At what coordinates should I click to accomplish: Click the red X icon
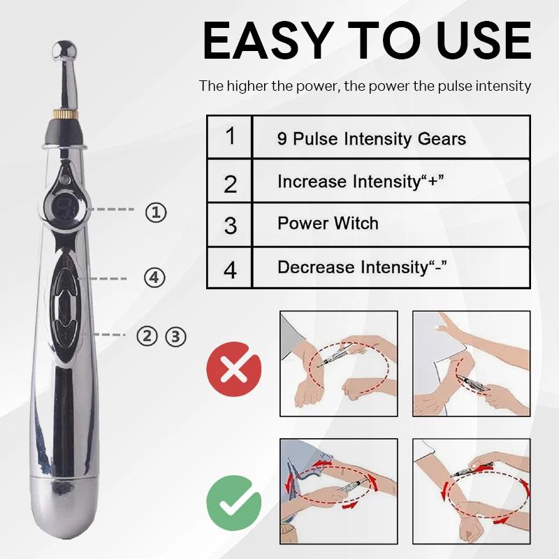pos(234,369)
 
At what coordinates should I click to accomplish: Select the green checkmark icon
pos(234,502)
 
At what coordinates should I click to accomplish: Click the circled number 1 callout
pos(156,212)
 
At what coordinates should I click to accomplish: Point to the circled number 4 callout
pos(154,277)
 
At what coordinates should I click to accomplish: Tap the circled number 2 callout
pos(147,336)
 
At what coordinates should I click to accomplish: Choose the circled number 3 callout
pos(175,336)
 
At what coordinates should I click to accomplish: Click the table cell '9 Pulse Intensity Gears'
pos(391,137)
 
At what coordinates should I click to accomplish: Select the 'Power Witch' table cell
pos(391,224)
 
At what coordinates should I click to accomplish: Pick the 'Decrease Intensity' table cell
pos(391,268)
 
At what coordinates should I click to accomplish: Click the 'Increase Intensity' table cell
pos(391,181)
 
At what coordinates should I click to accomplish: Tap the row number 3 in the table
pos(231,225)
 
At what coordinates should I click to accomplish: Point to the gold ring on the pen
pos(64,115)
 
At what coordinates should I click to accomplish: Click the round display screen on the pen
pos(65,208)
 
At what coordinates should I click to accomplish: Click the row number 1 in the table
pos(231,136)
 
